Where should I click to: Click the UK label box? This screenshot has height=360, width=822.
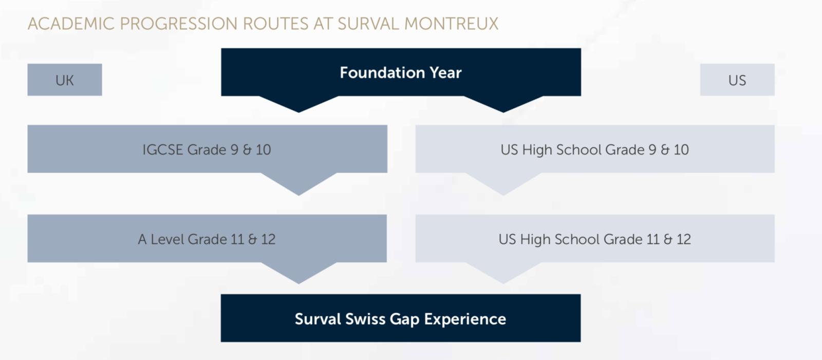65,80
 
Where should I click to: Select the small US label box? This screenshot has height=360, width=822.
737,80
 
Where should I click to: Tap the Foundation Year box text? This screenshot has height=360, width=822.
401,72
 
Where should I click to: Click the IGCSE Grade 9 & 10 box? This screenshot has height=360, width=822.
208,148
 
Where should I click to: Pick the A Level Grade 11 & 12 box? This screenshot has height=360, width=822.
207,238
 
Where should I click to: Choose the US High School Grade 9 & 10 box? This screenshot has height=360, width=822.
595,148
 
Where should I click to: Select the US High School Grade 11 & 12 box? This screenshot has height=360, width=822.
595,238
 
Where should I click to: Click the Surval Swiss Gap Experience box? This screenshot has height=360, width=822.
401,318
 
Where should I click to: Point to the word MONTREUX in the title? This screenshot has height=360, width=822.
452,24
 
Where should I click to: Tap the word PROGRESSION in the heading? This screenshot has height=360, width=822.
179,24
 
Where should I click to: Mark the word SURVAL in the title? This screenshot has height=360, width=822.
368,24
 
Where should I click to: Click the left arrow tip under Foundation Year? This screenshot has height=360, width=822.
298,112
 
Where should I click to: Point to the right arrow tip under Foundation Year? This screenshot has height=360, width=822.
503,112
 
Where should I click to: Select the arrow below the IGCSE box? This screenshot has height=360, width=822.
298,183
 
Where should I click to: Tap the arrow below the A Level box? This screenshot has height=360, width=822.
298,272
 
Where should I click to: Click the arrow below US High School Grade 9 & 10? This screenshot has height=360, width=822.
503,183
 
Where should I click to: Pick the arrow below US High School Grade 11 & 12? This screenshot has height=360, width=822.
503,272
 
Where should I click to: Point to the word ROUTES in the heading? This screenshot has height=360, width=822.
275,24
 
